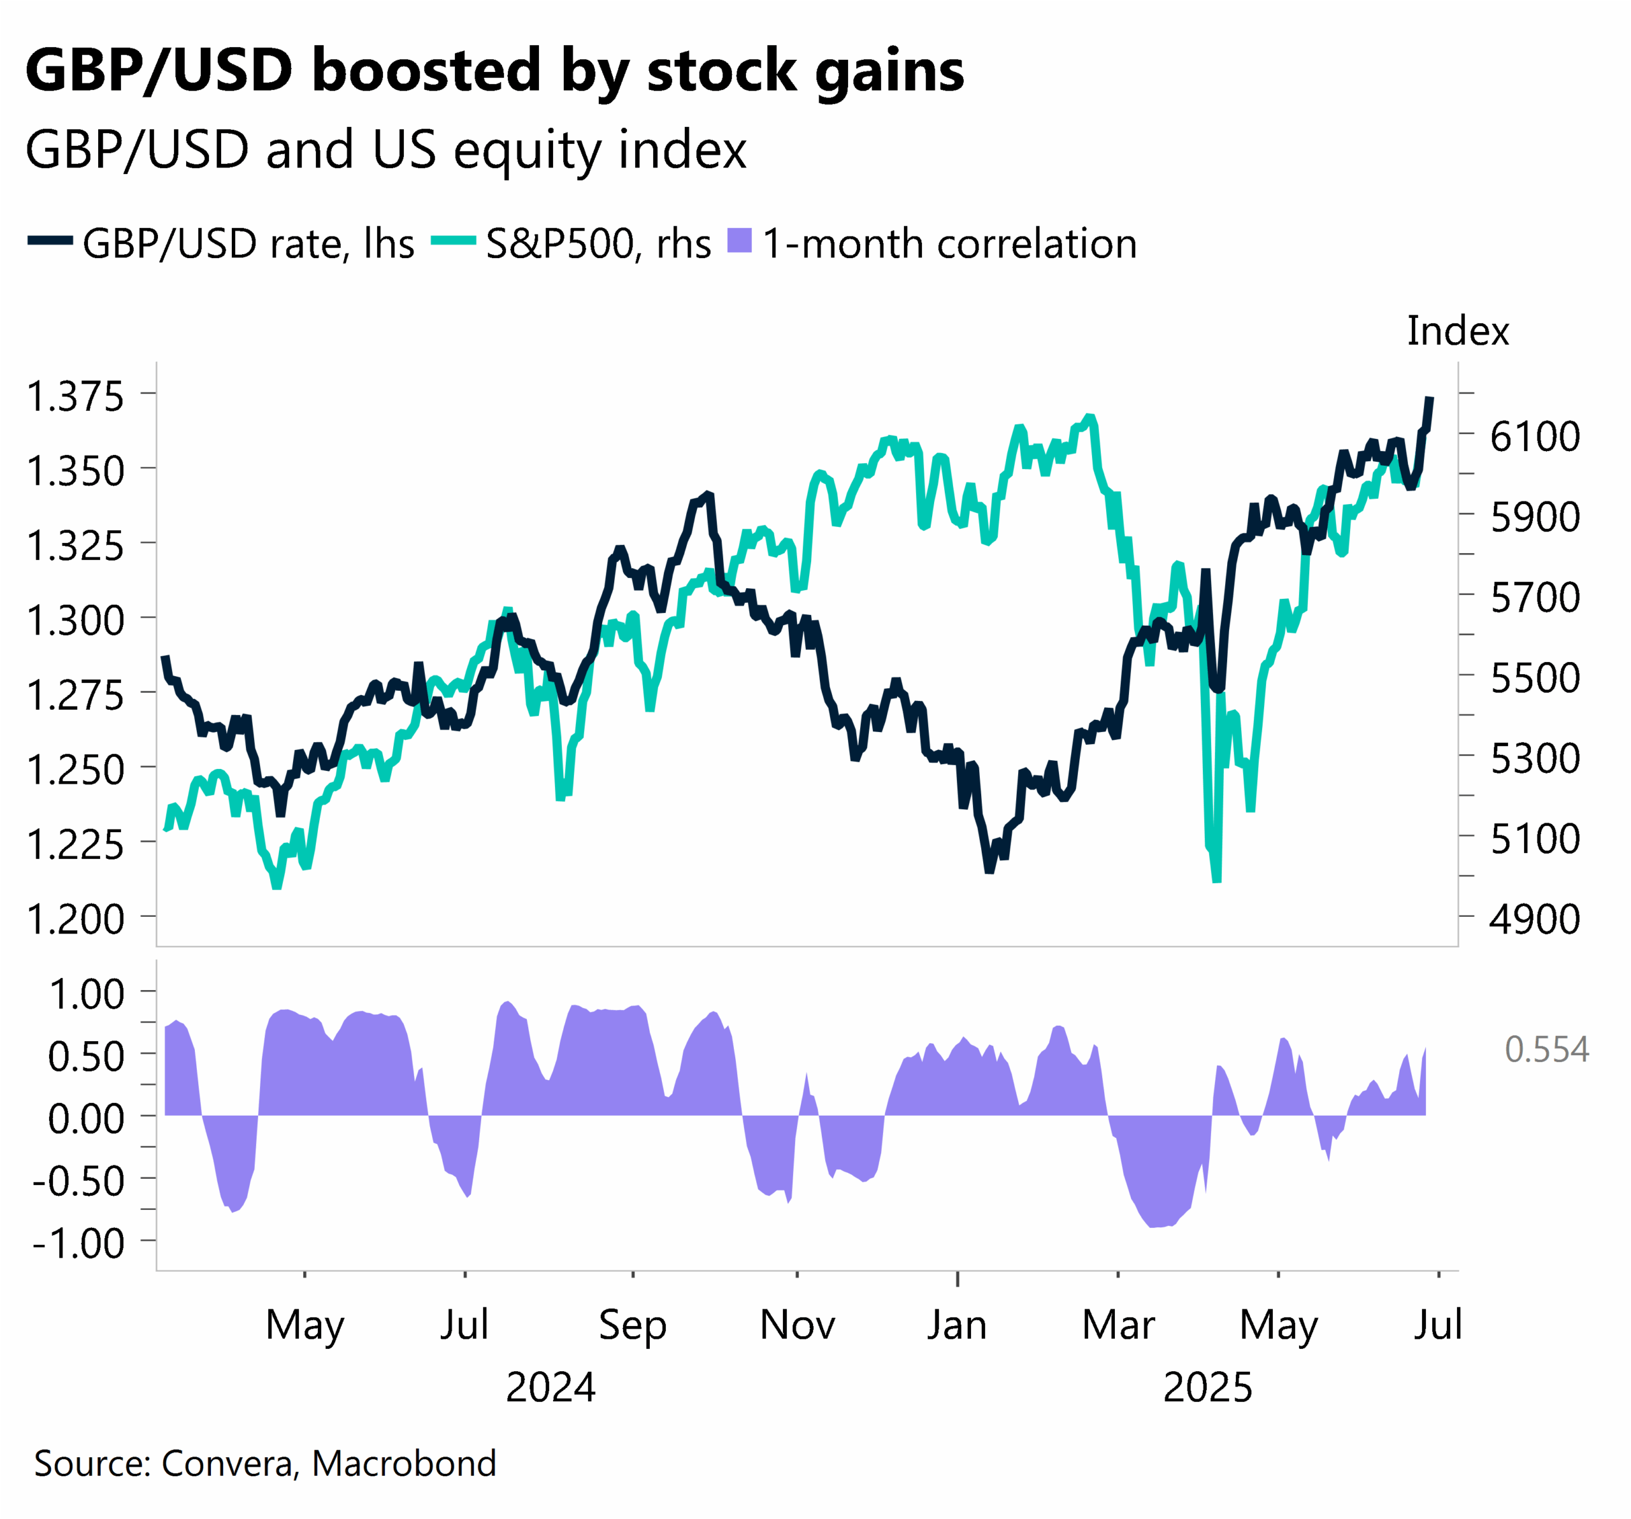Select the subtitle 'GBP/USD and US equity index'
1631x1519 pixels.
coord(385,150)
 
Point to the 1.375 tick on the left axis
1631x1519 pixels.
coord(75,396)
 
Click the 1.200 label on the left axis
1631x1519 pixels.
coord(75,918)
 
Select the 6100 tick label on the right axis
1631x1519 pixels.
coord(1534,436)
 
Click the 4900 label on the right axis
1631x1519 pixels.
coord(1534,918)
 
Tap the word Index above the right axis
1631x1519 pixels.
coord(1457,331)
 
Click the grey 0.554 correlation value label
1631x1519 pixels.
coord(1546,1049)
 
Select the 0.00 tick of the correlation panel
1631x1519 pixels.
coord(85,1118)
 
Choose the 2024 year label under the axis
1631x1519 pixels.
coord(550,1388)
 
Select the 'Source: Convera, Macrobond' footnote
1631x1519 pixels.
coord(265,1463)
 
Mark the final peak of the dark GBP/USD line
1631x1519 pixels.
coord(1430,400)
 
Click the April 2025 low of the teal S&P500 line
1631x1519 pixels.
coord(1216,880)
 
